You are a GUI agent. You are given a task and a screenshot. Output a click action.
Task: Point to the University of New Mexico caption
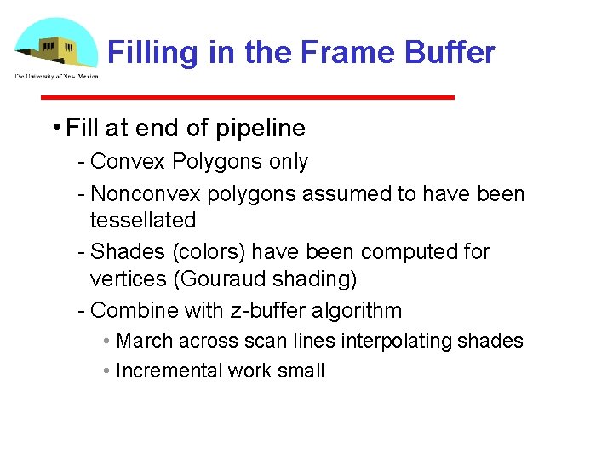pos(56,77)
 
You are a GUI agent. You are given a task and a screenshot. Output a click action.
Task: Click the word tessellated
pos(142,220)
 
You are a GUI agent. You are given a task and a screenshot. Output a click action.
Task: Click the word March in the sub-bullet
pos(144,341)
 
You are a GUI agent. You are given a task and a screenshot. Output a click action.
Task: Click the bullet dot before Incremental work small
pos(106,371)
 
